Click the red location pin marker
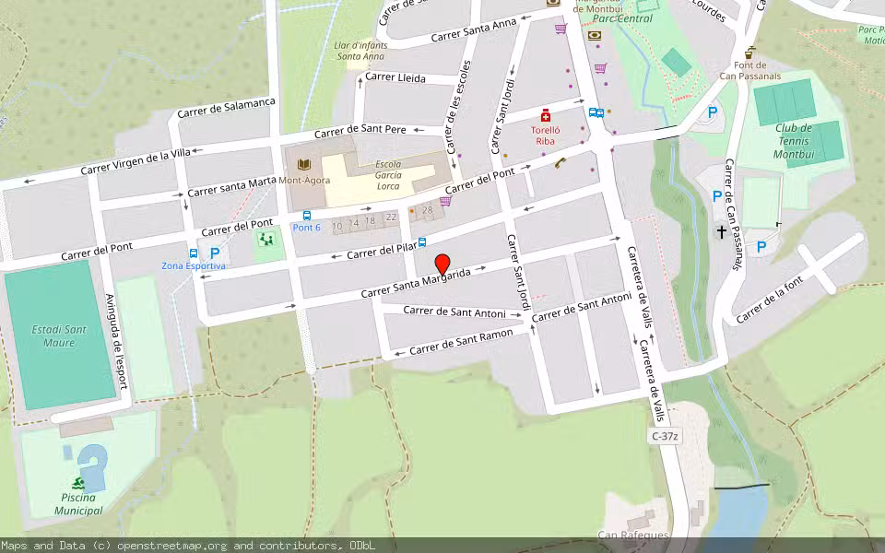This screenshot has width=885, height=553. tap(442, 264)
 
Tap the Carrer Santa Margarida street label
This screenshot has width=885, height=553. tap(422, 283)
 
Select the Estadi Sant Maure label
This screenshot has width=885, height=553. tap(59, 335)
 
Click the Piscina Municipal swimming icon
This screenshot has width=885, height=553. tap(77, 483)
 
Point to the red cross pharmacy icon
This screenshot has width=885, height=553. tap(546, 116)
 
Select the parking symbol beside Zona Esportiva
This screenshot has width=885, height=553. tap(215, 253)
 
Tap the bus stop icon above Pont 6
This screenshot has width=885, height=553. tap(307, 216)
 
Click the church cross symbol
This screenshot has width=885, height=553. tap(721, 231)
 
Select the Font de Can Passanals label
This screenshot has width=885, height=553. tap(751, 70)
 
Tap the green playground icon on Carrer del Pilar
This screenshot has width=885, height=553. tap(267, 241)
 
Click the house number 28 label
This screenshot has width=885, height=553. tap(427, 210)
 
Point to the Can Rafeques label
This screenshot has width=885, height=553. tap(632, 535)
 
